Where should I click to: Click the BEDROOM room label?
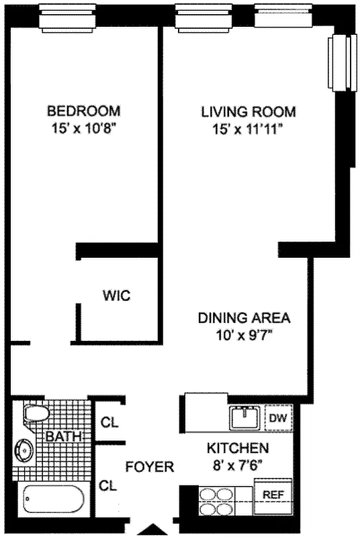[83, 111]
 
